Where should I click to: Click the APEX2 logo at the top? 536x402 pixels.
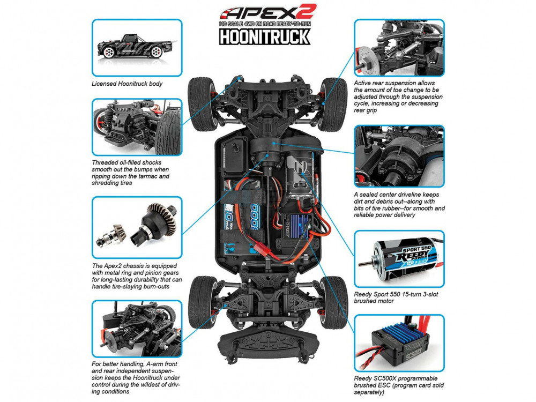pyautogui.click(x=268, y=13)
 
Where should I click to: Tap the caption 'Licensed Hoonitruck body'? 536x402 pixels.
pyautogui.click(x=127, y=84)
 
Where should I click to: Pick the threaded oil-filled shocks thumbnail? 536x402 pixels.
pyautogui.click(x=137, y=126)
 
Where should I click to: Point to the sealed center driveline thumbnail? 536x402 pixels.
pyautogui.click(x=399, y=156)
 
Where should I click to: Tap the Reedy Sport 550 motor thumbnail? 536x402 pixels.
pyautogui.click(x=399, y=259)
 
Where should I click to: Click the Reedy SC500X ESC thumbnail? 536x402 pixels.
pyautogui.click(x=399, y=343)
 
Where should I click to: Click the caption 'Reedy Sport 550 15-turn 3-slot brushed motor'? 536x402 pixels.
pyautogui.click(x=394, y=297)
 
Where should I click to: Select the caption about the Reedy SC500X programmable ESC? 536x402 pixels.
pyautogui.click(x=399, y=385)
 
